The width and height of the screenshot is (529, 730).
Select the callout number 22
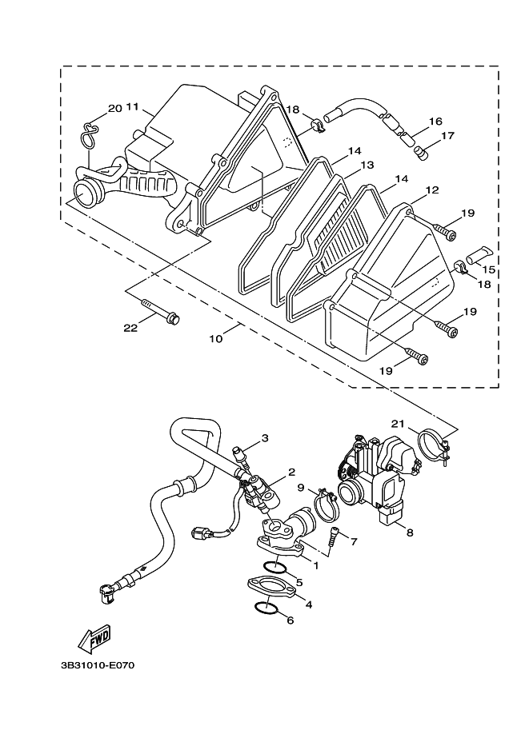tap(130, 328)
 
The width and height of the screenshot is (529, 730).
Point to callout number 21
tap(398, 424)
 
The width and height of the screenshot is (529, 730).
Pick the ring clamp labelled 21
tap(435, 447)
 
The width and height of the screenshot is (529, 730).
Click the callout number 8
tap(410, 533)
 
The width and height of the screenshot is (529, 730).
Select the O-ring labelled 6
tap(267, 608)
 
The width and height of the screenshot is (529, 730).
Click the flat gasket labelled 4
tap(271, 588)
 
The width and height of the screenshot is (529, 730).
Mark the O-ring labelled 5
tap(274, 567)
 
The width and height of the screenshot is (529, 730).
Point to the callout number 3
tap(265, 437)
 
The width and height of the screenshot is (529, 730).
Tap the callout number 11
tap(132, 107)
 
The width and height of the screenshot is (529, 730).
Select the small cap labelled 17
tap(421, 153)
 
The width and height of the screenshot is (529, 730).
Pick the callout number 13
tap(367, 165)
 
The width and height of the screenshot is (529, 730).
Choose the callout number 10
tap(216, 338)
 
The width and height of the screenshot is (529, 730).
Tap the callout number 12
tap(432, 190)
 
